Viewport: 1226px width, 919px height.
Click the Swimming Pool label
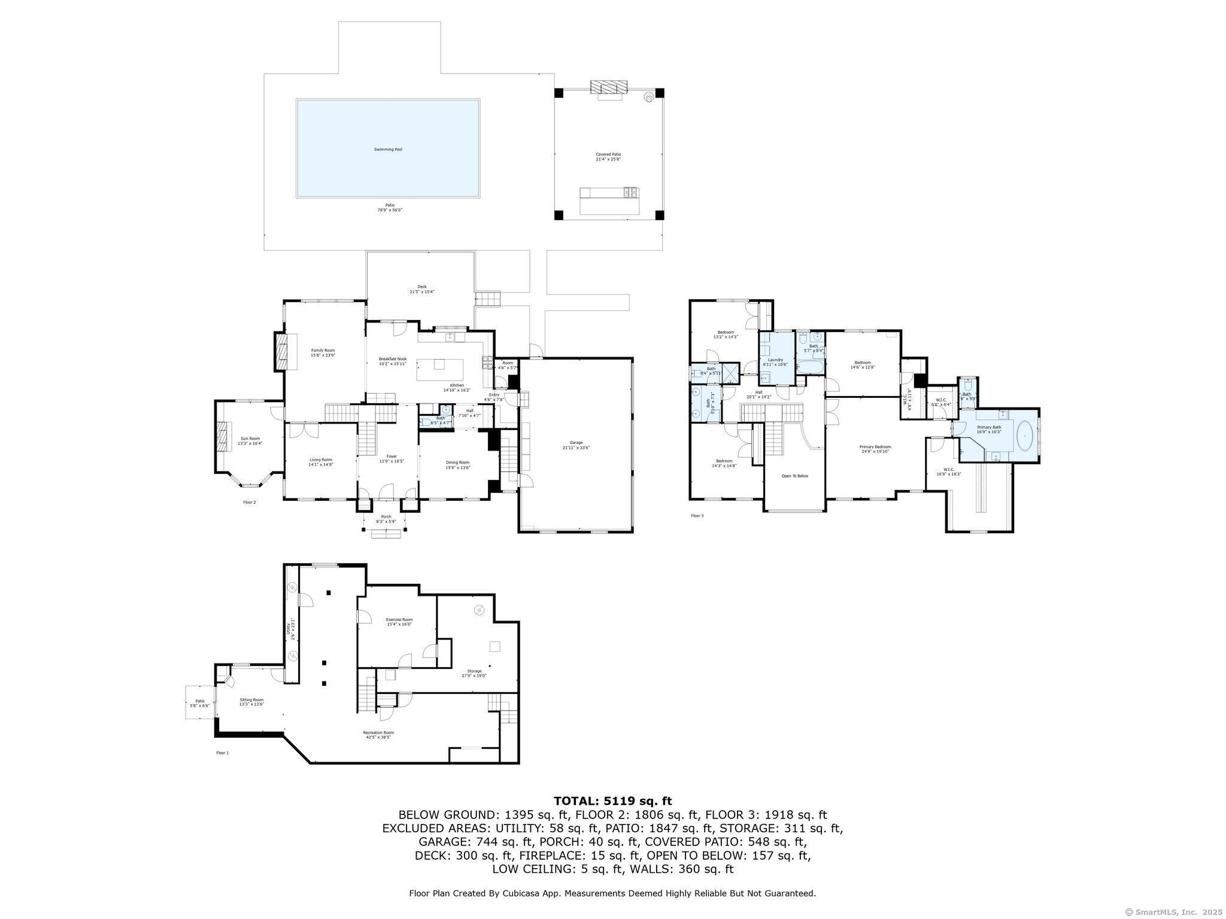coord(388,149)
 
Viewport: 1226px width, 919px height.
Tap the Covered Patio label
coord(608,154)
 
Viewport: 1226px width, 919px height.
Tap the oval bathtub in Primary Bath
coord(1025,436)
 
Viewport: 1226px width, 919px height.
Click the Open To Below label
coord(794,476)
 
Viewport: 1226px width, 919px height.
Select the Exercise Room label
coord(399,619)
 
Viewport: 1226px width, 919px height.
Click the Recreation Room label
coord(378,732)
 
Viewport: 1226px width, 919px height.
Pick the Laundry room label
coord(775,360)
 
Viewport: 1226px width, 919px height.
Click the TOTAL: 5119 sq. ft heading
coord(612,801)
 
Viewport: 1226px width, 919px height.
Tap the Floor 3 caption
coord(697,515)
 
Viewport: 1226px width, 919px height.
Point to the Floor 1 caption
coord(222,753)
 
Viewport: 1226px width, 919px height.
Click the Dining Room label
coord(457,462)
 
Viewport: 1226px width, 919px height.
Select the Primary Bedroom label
coord(875,447)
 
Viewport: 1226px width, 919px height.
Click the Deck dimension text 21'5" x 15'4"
coord(421,292)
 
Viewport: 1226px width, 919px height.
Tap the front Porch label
coord(386,516)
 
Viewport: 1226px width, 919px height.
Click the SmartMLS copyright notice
coord(1173,912)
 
